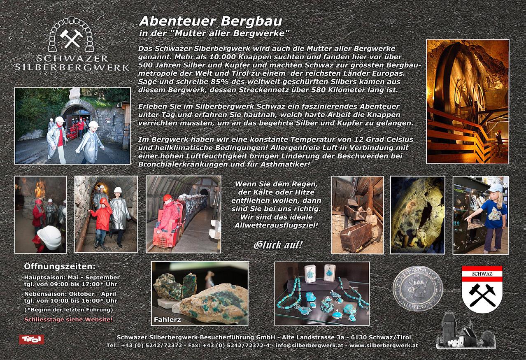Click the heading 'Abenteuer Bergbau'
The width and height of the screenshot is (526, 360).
[x=210, y=21]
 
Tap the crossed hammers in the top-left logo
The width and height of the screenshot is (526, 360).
[x=72, y=38]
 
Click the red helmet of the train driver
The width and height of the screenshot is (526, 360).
[x=167, y=198]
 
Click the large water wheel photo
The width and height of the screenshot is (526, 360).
[x=467, y=101]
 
